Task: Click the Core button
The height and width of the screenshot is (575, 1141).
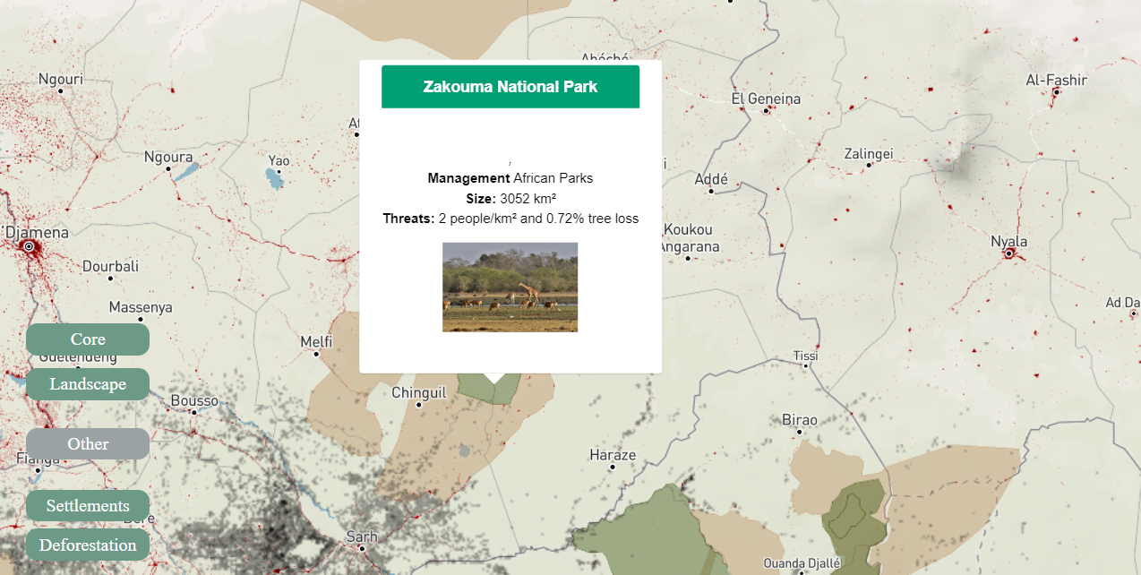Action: pos(88,339)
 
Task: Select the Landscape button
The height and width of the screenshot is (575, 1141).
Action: pos(88,384)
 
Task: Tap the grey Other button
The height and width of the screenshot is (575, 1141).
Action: pos(88,443)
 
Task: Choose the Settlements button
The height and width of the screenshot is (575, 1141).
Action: pos(88,506)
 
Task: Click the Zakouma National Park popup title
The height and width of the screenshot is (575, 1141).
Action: pos(510,87)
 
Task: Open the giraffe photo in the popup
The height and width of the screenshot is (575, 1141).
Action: pos(510,287)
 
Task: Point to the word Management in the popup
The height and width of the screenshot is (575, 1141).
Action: pos(468,178)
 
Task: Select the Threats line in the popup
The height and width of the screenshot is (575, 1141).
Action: pos(510,219)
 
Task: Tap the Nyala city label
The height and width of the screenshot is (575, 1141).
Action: pos(1008,242)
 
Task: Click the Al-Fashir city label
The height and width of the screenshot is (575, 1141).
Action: pos(1056,81)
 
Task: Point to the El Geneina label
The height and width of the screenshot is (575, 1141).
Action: pos(766,99)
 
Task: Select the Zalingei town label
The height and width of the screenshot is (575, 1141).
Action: pos(868,154)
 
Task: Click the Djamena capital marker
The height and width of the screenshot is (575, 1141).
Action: pos(29,245)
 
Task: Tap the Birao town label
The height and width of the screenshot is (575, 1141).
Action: pos(799,420)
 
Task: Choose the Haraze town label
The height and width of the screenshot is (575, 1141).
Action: pos(613,455)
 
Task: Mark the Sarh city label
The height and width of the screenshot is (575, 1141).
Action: pos(362,537)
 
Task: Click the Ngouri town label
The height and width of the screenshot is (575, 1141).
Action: pos(61,79)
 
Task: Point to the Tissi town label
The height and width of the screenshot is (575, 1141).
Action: pos(805,356)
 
